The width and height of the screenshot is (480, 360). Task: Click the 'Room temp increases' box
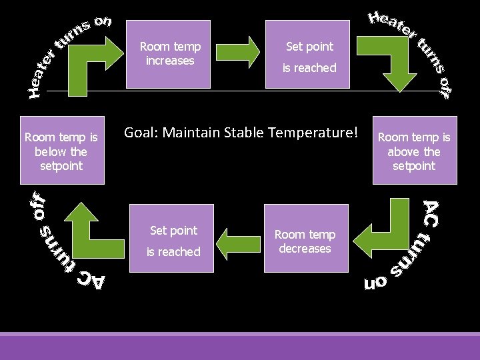[169, 54]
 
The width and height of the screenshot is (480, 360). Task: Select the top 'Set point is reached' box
[308, 54]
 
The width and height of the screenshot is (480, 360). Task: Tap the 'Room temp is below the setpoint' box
[61, 151]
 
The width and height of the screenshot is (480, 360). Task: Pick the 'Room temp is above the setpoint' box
[414, 151]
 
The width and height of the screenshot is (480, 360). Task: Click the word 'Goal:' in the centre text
[141, 133]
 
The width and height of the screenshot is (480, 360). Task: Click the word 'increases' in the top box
[170, 61]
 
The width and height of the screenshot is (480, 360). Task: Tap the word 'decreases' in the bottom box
[305, 249]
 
